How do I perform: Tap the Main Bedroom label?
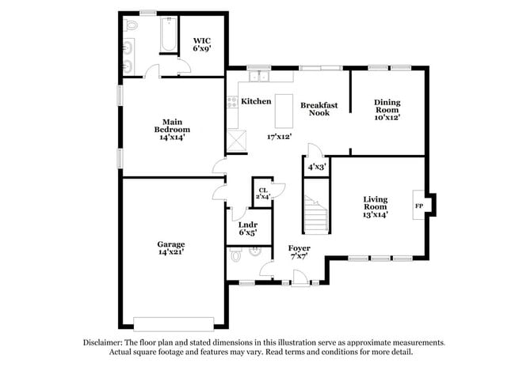pyautogui.click(x=172, y=129)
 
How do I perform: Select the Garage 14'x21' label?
pyautogui.click(x=170, y=248)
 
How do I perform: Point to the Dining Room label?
pyautogui.click(x=387, y=108)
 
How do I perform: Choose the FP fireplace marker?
pyautogui.click(x=418, y=206)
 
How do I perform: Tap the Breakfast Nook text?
pyautogui.click(x=319, y=108)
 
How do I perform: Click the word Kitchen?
pyautogui.click(x=257, y=101)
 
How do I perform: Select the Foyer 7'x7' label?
pyautogui.click(x=299, y=252)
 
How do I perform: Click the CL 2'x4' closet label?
pyautogui.click(x=262, y=192)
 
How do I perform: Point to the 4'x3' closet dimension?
pyautogui.click(x=316, y=167)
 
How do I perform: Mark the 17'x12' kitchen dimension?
pyautogui.click(x=280, y=136)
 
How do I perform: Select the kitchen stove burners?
pyautogui.click(x=233, y=102)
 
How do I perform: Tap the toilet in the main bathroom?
pyautogui.click(x=131, y=25)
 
